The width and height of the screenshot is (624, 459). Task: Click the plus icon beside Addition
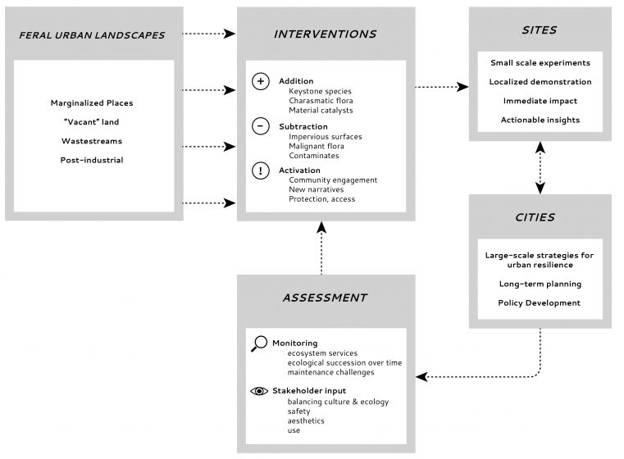click(261, 81)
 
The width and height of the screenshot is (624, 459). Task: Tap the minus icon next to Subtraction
click(261, 126)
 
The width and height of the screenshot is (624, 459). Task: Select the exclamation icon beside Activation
click(261, 170)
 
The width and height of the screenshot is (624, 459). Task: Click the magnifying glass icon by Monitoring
click(259, 343)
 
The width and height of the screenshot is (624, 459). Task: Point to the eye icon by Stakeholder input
click(259, 392)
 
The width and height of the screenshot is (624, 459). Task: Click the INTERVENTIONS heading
click(326, 34)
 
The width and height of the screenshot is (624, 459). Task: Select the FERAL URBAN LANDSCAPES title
click(92, 35)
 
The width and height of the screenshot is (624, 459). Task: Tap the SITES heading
click(540, 30)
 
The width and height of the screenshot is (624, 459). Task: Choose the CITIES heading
click(535, 217)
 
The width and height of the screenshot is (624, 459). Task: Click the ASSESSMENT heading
click(326, 298)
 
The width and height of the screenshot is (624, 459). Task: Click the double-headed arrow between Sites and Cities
click(540, 168)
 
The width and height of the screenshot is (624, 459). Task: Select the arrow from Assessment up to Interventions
click(321, 248)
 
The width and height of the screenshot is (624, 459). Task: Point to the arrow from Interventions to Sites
click(442, 87)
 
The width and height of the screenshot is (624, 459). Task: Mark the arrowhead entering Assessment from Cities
click(421, 377)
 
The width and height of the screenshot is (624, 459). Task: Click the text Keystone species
click(320, 92)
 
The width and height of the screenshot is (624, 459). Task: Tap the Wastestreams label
click(92, 141)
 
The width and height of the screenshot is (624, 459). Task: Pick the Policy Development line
click(540, 303)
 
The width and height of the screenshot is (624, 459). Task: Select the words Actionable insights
click(540, 120)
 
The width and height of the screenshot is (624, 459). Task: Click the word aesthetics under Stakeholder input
click(306, 420)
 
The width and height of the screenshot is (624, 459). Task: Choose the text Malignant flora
click(317, 147)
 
